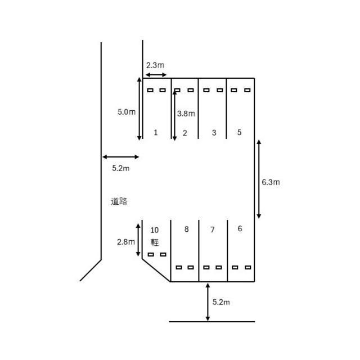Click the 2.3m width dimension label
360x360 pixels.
[x=155, y=65]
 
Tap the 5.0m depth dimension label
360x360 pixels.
[x=127, y=112]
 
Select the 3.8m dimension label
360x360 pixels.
[x=186, y=114]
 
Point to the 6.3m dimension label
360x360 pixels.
[x=271, y=182]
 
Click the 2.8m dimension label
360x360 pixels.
[x=126, y=242]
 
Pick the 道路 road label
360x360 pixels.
[x=119, y=201]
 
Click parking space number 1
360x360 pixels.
[x=156, y=133]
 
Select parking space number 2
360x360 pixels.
[x=185, y=133]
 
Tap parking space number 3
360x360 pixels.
[x=214, y=133]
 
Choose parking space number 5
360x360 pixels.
[x=239, y=132]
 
